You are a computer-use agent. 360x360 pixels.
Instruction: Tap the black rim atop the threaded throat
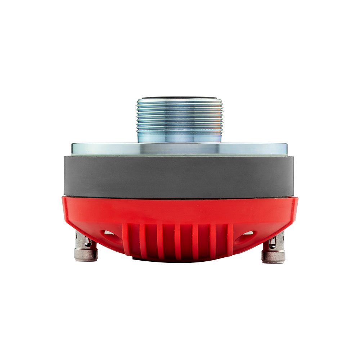(179, 98)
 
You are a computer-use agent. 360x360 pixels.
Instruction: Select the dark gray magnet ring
(179, 176)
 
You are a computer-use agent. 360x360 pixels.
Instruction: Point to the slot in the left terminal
(88, 242)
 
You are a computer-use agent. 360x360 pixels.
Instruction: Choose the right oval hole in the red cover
(249, 233)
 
